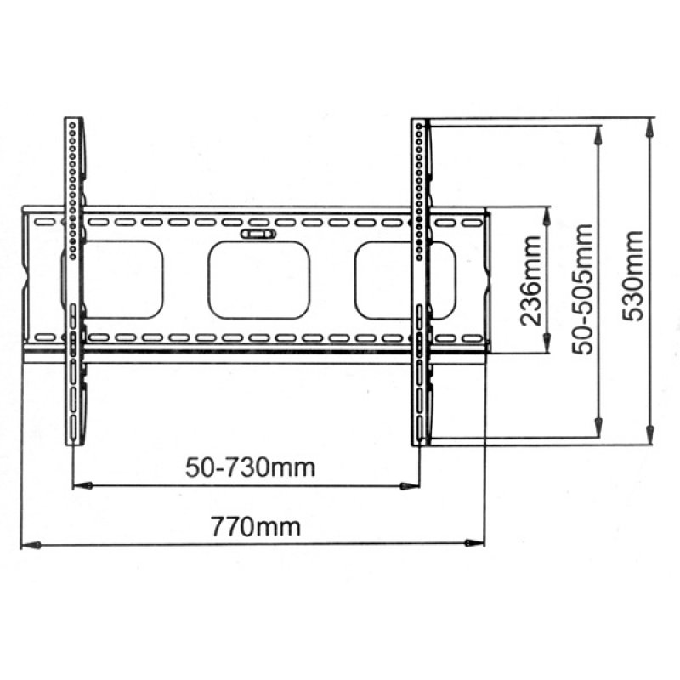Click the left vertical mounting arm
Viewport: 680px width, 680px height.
pos(75,280)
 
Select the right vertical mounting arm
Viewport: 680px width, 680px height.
pos(421,280)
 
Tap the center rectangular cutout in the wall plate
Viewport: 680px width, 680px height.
pos(259,280)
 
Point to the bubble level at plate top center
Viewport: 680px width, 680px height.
pos(258,232)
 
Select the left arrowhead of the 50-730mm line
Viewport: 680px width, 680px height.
pos(80,485)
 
